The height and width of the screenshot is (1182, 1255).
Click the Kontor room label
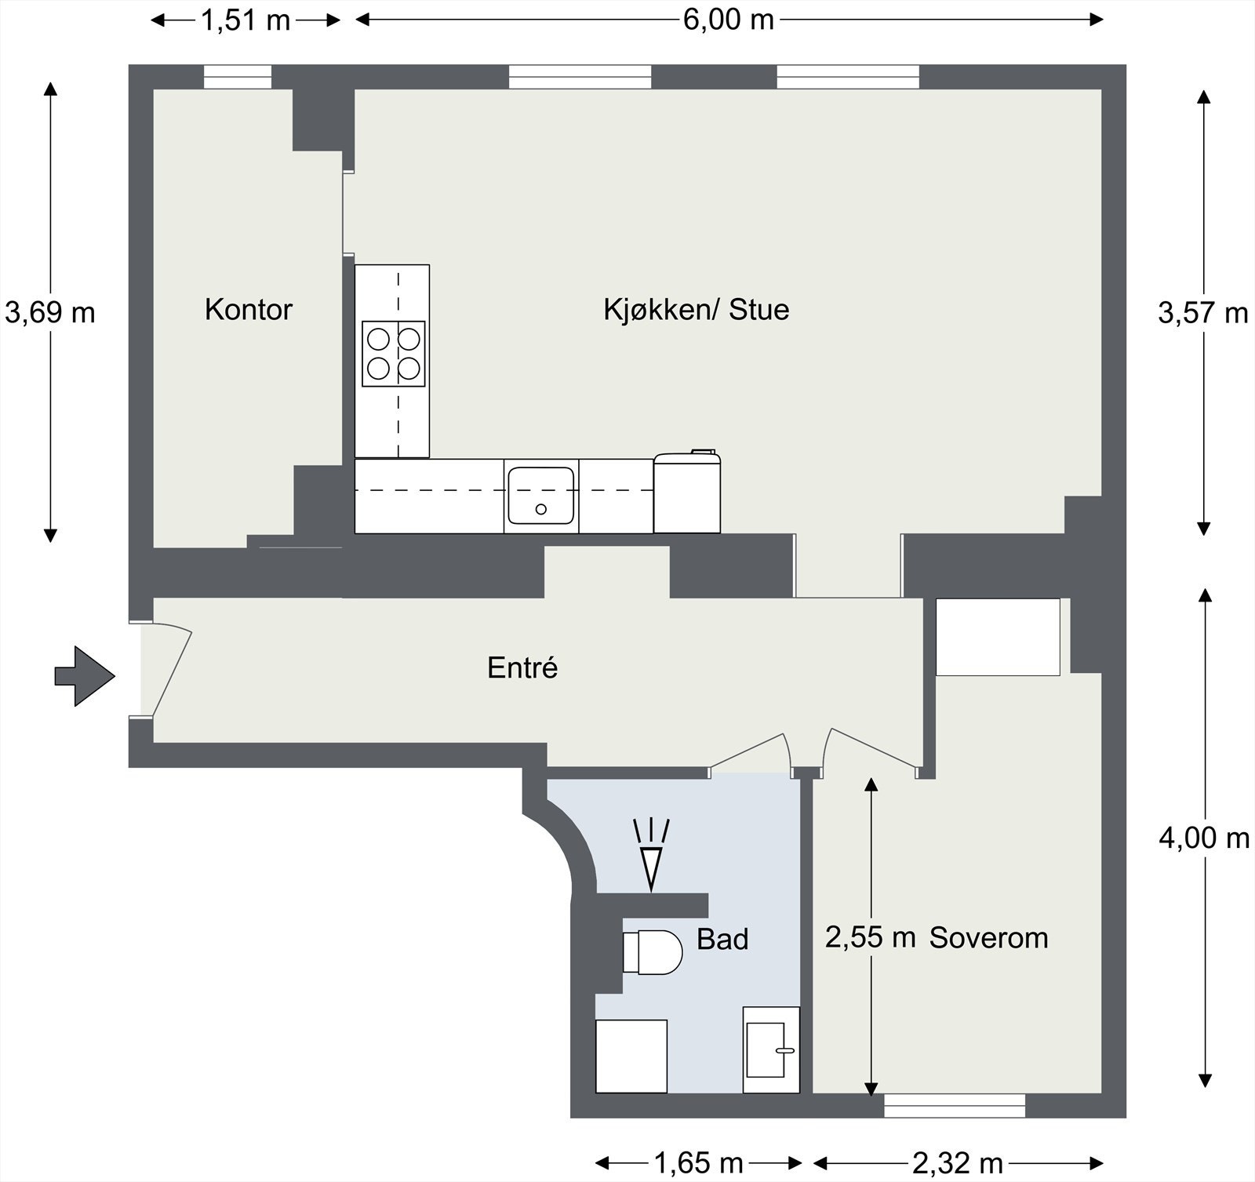tap(248, 310)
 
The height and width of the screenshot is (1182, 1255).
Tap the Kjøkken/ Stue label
tap(696, 310)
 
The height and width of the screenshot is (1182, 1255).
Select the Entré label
tap(522, 667)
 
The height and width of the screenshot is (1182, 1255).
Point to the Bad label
tap(722, 939)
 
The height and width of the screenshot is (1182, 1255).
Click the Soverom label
tap(988, 938)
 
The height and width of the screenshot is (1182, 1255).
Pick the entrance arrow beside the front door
tap(85, 676)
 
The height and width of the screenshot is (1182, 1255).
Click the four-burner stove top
tap(394, 354)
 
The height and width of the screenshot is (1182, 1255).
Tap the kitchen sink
tap(540, 496)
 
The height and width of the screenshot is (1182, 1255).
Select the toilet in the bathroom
tap(652, 952)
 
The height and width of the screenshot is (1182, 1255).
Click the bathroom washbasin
tap(771, 1049)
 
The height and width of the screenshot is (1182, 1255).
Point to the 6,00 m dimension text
tap(729, 20)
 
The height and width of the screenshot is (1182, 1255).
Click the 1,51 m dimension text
tap(246, 20)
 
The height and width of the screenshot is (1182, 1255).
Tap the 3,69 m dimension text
tap(49, 313)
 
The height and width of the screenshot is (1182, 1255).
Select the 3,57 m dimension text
tap(1203, 314)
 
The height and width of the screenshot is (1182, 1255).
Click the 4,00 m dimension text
tap(1204, 838)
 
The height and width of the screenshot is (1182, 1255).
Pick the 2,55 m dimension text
tap(871, 937)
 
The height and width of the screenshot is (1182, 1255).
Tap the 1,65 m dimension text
tap(698, 1162)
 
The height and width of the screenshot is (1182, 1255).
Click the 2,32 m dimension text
tap(958, 1162)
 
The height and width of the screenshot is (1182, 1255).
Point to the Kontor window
tap(238, 77)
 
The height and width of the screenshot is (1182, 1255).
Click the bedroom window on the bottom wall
tap(955, 1105)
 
